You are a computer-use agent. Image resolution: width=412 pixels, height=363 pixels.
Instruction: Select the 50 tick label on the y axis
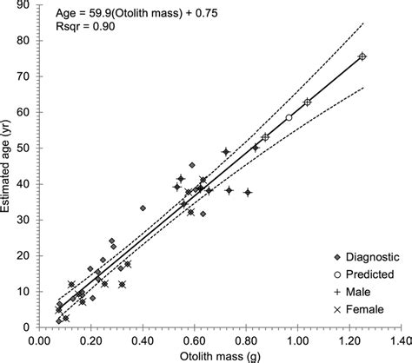(28, 148)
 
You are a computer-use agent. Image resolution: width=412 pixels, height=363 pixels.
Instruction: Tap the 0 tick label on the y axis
(31, 327)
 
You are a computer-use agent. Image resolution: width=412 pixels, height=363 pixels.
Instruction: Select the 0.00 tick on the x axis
(40, 340)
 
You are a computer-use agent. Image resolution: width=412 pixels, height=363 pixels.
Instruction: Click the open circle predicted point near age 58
(289, 118)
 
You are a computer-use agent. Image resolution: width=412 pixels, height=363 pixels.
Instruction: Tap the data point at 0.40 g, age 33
(143, 208)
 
